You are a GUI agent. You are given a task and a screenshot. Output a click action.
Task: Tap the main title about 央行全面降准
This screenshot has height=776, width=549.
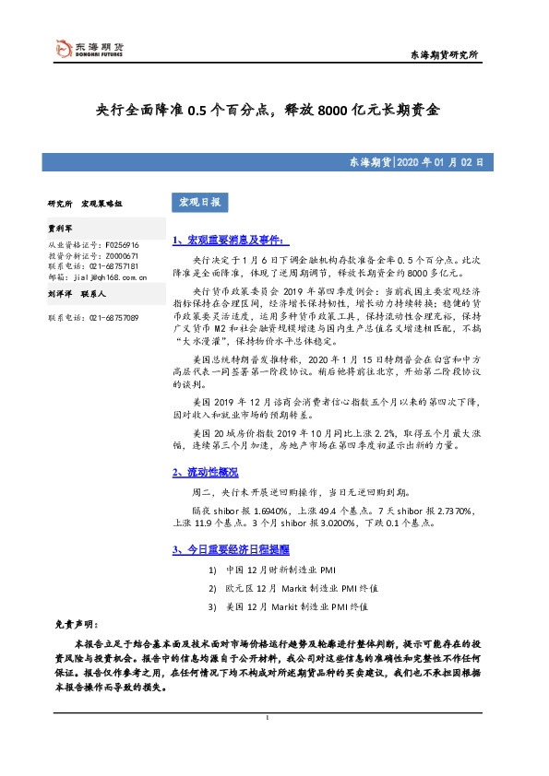pos(269,111)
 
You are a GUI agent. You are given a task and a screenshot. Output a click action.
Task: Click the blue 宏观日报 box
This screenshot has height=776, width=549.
pos(194,202)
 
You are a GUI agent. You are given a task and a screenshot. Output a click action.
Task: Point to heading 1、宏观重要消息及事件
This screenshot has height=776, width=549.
pos(231,240)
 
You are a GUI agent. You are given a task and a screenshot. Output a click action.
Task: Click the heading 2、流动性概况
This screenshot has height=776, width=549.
pos(206,472)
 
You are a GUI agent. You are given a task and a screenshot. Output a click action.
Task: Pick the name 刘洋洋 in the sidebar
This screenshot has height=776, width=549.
pos(60,295)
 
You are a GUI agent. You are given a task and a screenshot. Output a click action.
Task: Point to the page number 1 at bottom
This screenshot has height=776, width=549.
pos(267,717)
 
